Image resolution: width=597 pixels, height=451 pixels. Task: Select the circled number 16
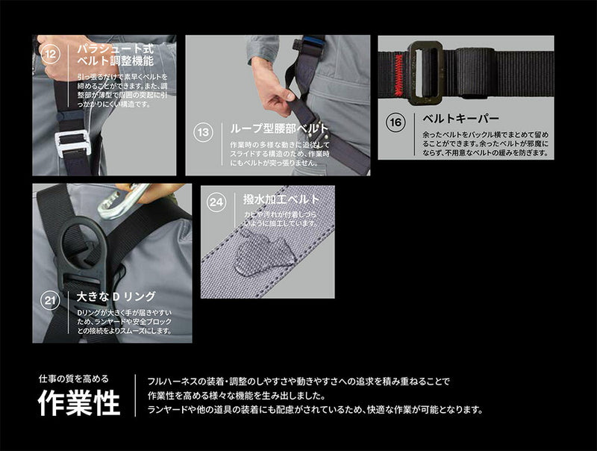pyautogui.click(x=396, y=122)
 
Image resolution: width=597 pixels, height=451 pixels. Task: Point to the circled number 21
pyautogui.click(x=49, y=301)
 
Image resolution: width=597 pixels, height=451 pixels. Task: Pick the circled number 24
pyautogui.click(x=216, y=202)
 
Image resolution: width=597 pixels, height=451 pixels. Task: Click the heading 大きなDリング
pyautogui.click(x=116, y=297)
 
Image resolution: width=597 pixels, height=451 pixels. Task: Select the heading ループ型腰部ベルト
pyautogui.click(x=275, y=129)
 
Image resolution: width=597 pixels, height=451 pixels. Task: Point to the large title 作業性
pyautogui.click(x=79, y=404)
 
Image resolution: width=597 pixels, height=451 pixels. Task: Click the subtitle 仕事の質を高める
pyautogui.click(x=74, y=378)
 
